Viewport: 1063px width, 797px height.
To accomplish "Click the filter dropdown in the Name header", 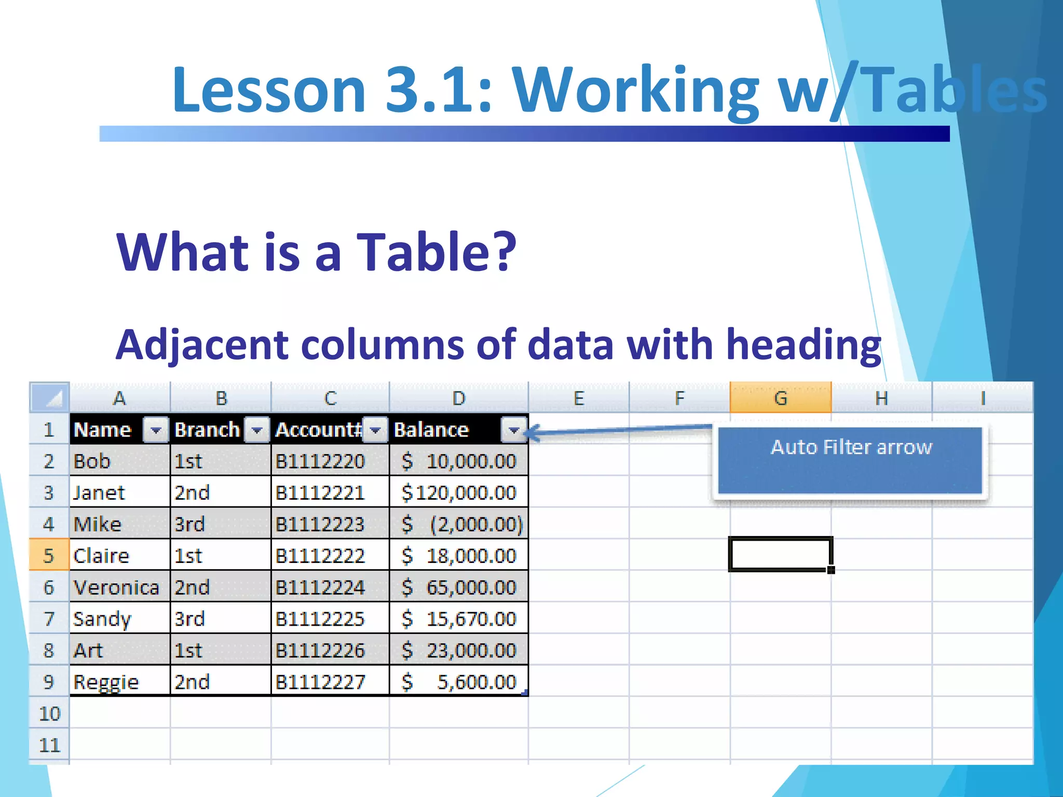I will click(155, 430).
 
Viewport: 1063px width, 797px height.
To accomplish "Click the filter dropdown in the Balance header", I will click(513, 430).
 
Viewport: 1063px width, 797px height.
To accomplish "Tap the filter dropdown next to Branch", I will click(257, 430).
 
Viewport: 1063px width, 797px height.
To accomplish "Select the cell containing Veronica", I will click(116, 587).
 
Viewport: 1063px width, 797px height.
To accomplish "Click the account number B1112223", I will click(320, 524).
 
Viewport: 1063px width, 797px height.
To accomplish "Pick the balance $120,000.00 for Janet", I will click(459, 492).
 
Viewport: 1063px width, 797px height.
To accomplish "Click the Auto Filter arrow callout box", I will click(850, 460).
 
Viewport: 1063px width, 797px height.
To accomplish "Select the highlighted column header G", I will click(780, 398).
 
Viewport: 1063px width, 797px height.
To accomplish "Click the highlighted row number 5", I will click(49, 556).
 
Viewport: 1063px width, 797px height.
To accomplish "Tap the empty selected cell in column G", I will click(780, 554).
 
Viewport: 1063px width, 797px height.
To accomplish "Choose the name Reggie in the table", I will click(106, 682).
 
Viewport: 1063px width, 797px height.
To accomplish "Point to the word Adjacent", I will click(202, 345).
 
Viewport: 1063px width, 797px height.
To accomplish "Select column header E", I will click(579, 398).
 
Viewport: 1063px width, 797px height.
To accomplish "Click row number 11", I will click(49, 745).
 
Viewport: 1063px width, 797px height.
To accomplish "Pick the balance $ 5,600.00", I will click(459, 682).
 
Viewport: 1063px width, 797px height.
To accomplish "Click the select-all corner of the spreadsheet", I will click(50, 397).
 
